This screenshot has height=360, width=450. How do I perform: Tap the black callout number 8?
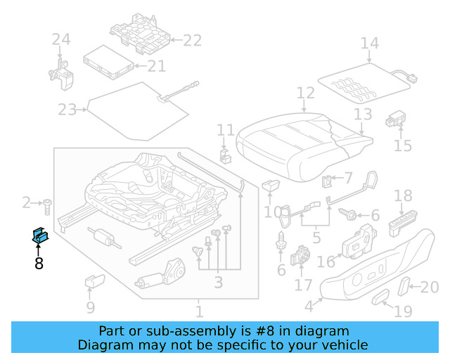(x=39, y=264)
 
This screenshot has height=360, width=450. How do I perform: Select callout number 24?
(x=61, y=40)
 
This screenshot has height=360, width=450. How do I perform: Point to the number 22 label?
(x=192, y=40)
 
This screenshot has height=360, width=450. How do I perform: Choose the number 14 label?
(x=369, y=44)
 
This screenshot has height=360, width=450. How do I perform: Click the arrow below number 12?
(x=304, y=107)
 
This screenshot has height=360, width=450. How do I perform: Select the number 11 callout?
(x=226, y=130)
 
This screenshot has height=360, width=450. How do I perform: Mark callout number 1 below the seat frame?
(x=199, y=311)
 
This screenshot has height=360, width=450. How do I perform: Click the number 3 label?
(x=218, y=283)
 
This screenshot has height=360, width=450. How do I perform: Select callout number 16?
(x=326, y=262)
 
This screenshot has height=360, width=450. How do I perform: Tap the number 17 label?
(x=303, y=286)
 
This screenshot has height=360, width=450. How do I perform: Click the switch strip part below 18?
(x=403, y=225)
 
